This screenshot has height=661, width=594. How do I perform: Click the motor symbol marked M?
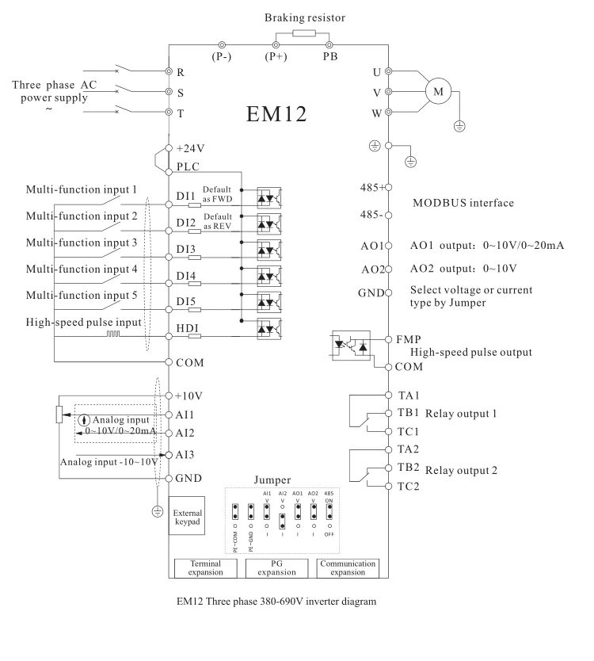(436, 92)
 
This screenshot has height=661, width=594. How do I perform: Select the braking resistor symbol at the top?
(304, 34)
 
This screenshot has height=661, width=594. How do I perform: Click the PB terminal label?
(329, 58)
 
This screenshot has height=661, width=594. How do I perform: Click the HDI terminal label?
(187, 336)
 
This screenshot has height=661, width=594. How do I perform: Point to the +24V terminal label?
(191, 148)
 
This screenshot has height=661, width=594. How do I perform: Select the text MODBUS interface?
(463, 203)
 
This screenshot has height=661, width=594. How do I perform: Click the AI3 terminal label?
(187, 455)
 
